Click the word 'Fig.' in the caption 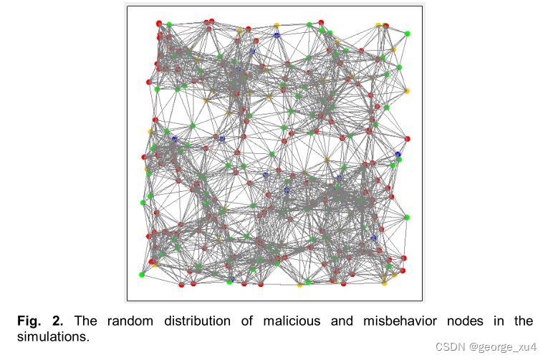click(30, 321)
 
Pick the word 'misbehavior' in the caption click(409, 321)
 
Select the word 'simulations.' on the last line click(54, 336)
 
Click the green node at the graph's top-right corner click(407, 34)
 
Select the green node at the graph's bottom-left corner click(142, 274)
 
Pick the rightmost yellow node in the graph click(407, 91)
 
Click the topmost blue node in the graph click(277, 34)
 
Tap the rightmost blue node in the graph click(398, 155)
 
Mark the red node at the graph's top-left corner click(158, 23)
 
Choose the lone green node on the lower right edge click(407, 217)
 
